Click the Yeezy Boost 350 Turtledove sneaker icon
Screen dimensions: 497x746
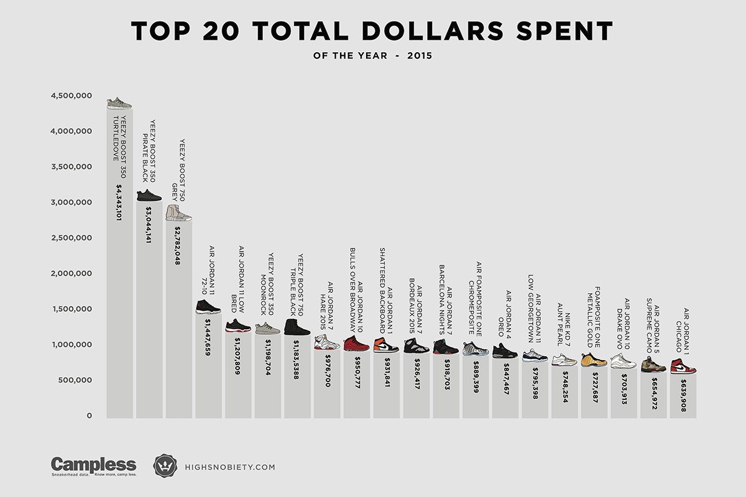click(x=119, y=103)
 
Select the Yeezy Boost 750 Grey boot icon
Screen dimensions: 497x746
click(x=178, y=213)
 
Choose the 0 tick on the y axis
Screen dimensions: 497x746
click(x=90, y=416)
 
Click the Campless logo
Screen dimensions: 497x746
click(x=93, y=465)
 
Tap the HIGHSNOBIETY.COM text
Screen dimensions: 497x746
click(x=230, y=467)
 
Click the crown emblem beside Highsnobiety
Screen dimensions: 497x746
click(x=165, y=466)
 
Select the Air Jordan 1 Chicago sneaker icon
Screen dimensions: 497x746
click(x=683, y=366)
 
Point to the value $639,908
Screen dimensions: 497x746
click(x=683, y=398)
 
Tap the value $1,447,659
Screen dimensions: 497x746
click(x=207, y=337)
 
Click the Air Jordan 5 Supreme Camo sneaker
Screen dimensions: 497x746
click(x=653, y=364)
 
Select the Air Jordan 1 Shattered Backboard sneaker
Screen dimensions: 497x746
click(x=386, y=345)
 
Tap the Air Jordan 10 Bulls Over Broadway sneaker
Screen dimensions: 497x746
click(x=356, y=344)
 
